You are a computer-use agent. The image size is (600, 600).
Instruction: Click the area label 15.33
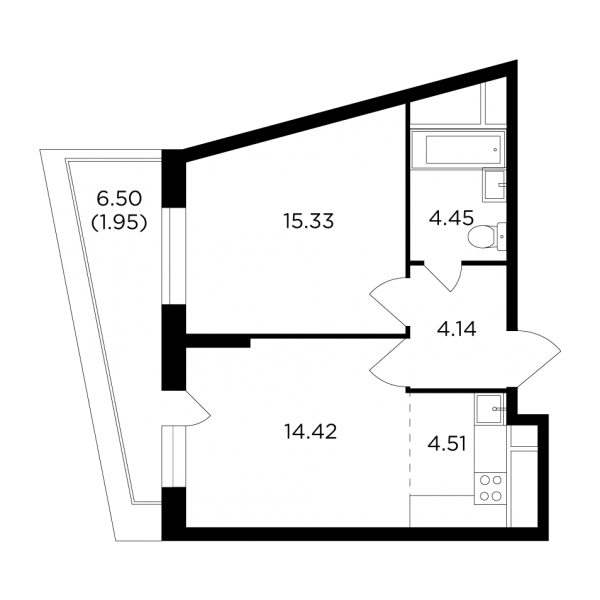[x=308, y=221]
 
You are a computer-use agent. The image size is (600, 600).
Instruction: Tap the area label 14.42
[x=310, y=432]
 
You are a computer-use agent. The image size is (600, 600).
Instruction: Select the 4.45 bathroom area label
[x=451, y=218]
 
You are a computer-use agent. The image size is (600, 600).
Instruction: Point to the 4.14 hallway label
[x=457, y=329]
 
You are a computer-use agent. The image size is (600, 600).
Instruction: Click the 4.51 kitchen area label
[x=447, y=444]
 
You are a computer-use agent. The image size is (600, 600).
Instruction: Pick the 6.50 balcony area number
[x=119, y=199]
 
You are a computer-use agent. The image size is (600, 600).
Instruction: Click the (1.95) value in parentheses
[x=119, y=222]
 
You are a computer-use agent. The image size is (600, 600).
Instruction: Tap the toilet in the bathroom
[x=487, y=236]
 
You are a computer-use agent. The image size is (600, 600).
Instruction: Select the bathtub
[x=458, y=149]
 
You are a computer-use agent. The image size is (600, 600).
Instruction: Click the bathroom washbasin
[x=494, y=185]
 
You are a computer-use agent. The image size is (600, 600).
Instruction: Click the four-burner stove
[x=491, y=488]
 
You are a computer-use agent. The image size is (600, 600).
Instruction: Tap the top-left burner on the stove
[x=484, y=480]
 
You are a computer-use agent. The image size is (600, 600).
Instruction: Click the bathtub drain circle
[x=496, y=150]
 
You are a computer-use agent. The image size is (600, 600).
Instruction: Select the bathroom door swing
[x=444, y=277]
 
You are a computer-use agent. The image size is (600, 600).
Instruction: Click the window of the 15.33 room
[x=173, y=256]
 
